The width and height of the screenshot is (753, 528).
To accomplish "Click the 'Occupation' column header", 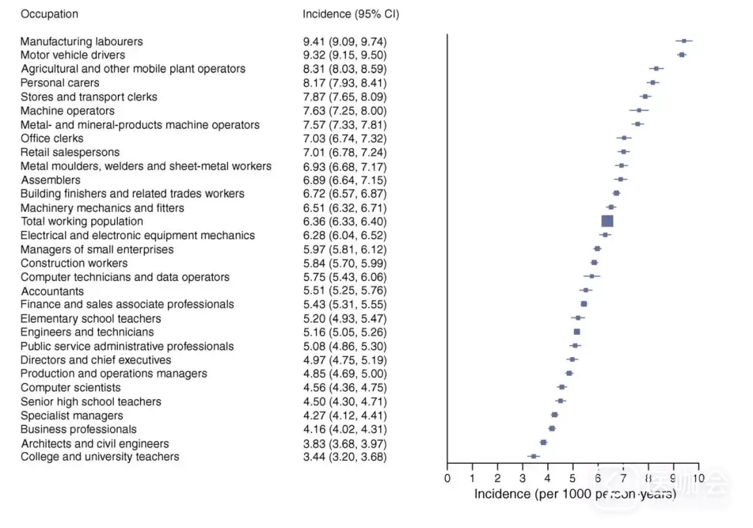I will [x=49, y=14].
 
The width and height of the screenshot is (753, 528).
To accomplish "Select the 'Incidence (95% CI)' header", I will [x=351, y=14].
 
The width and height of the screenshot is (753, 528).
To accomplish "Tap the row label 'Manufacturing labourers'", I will [x=82, y=41].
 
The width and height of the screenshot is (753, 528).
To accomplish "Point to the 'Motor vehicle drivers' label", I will [x=73, y=55].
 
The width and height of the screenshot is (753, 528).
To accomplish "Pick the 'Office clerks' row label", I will [x=52, y=138].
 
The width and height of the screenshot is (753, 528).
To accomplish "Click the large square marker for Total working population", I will [x=607, y=221].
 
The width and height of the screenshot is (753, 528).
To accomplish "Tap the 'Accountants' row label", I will [x=52, y=291].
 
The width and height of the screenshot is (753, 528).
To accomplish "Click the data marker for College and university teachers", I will [x=533, y=456].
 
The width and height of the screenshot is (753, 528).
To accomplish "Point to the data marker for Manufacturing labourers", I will [x=684, y=41].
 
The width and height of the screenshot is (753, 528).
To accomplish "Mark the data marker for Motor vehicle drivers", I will [x=681, y=54].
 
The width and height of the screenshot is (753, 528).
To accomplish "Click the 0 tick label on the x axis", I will [x=447, y=478].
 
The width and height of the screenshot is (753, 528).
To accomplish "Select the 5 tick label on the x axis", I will [x=572, y=478].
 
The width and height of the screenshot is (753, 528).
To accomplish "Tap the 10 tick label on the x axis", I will [x=698, y=478].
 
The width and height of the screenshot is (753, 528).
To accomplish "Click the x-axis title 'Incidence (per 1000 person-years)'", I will [x=575, y=494].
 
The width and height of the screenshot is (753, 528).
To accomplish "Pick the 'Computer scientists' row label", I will [x=70, y=388].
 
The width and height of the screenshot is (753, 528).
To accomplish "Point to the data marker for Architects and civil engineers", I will [x=543, y=442].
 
